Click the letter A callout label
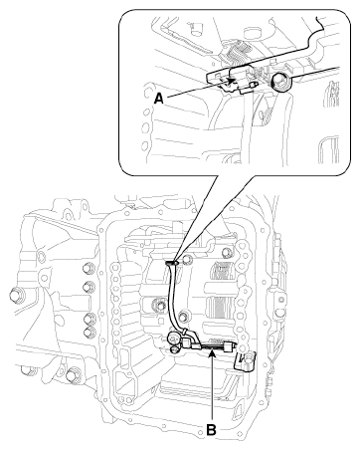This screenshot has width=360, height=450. click(x=159, y=99)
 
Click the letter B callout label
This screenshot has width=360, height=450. click(x=211, y=430)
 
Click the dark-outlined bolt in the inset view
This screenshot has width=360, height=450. click(x=279, y=82)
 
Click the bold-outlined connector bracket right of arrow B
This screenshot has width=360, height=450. click(x=246, y=361)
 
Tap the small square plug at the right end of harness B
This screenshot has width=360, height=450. click(x=229, y=347)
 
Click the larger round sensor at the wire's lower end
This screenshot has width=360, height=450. click(x=174, y=338)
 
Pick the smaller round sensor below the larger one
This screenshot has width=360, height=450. click(x=174, y=349)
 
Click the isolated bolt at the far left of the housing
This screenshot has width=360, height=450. click(x=16, y=295)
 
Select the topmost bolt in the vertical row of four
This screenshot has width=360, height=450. click(x=89, y=268)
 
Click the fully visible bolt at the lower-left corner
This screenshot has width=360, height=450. click(x=73, y=376)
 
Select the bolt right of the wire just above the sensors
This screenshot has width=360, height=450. click(x=183, y=316)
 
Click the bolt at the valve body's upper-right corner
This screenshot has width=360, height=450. click(x=226, y=252)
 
